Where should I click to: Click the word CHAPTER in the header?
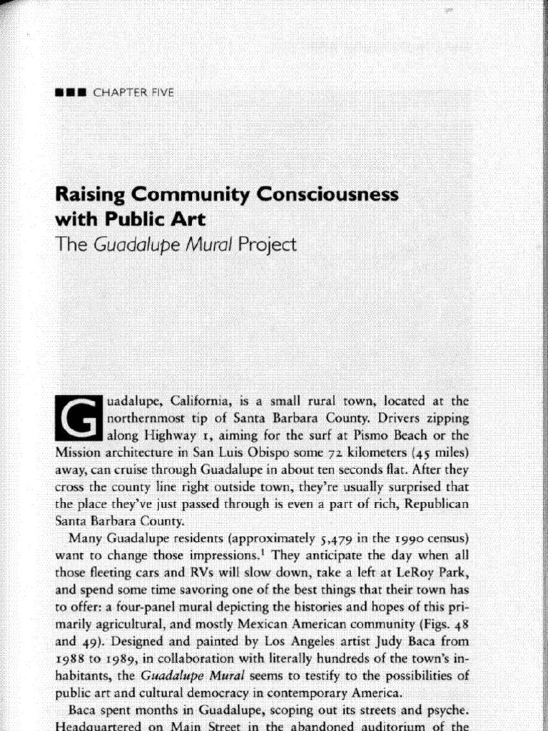click(x=119, y=92)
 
